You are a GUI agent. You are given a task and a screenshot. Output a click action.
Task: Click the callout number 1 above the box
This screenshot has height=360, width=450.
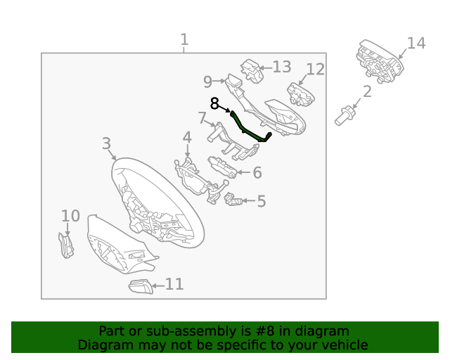[184, 39]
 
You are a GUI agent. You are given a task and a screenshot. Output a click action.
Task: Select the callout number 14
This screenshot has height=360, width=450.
[416, 44]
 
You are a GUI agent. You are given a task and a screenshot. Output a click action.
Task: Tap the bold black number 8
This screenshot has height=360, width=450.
[214, 103]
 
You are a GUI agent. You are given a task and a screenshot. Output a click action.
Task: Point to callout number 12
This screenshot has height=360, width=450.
[316, 70]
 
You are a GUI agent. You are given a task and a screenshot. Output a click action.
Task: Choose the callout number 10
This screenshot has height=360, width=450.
[70, 216]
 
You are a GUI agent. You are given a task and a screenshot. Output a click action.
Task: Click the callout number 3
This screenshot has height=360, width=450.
[106, 143]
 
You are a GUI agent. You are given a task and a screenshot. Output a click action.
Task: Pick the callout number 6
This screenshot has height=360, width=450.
[257, 173]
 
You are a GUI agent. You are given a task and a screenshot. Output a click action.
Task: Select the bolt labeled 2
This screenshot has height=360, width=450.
[345, 116]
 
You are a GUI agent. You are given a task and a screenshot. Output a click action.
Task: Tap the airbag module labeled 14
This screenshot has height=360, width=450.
[380, 61]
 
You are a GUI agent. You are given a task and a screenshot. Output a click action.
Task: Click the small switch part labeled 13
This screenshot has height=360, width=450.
[252, 71]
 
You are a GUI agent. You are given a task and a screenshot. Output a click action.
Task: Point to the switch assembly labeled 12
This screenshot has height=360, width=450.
[300, 94]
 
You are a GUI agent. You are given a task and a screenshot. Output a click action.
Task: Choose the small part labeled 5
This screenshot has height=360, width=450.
[233, 200]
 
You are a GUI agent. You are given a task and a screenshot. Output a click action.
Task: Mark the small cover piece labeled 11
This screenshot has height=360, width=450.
[141, 286]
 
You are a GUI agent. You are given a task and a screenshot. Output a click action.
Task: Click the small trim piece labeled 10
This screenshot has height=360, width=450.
[66, 245]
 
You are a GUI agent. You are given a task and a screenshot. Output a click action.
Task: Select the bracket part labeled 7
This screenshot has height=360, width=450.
[233, 141]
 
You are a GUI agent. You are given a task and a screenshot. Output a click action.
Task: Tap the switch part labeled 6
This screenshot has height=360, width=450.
[222, 167]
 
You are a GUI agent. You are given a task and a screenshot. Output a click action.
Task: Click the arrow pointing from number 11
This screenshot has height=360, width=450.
[157, 286]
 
